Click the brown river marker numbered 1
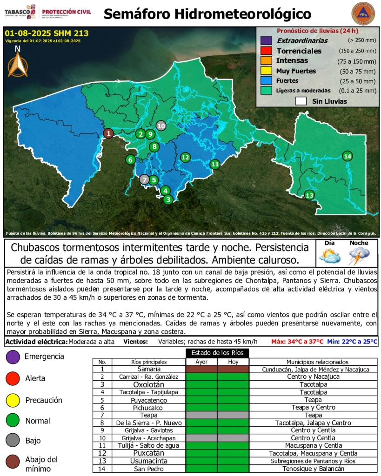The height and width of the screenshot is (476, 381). (x=108, y=133)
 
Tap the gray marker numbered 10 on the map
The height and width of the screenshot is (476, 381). (x=161, y=126)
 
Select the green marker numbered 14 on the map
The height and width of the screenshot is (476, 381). (x=347, y=156)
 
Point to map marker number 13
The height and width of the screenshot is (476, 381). (x=309, y=195)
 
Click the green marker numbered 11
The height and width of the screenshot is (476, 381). (x=214, y=164)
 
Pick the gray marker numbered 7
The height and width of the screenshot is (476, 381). (x=145, y=179)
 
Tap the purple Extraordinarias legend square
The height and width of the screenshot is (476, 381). (x=266, y=40)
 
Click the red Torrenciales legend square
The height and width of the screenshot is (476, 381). (x=266, y=51)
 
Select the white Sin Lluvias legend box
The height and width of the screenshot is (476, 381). (x=301, y=101)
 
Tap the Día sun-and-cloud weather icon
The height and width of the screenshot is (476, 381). (x=330, y=256)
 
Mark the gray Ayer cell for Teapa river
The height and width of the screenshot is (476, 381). (x=201, y=415)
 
